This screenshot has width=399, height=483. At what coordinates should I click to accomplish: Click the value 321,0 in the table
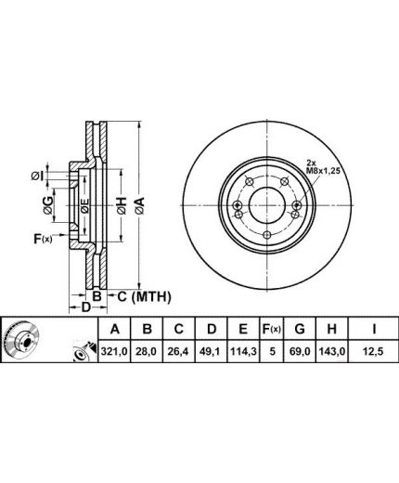point(114,351)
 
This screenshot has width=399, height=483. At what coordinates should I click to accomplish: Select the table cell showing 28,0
point(148,351)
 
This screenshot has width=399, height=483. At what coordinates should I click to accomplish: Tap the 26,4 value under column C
point(178,351)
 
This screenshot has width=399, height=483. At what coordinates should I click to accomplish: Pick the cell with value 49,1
point(212,351)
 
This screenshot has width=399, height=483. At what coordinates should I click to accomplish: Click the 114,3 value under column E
point(243,351)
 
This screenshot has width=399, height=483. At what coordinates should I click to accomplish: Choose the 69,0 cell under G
point(300,351)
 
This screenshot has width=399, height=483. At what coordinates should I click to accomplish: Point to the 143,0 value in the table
point(331,351)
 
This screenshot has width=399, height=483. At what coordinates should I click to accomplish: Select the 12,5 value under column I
point(373,351)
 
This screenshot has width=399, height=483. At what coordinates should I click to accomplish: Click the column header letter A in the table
point(115,329)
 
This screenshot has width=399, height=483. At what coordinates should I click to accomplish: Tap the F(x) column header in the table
point(272,329)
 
